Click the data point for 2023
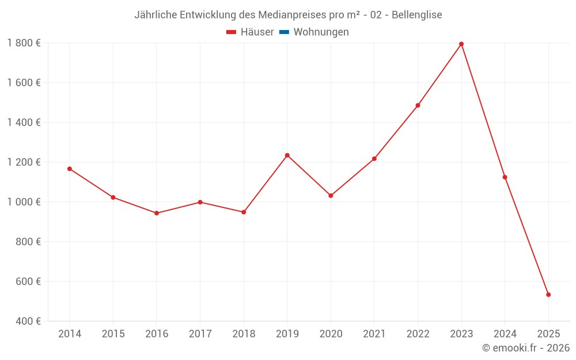pos(461,44)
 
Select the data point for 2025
pos(548,295)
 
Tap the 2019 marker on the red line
pos(287,156)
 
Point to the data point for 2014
pos(70,169)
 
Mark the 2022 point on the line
pos(418,105)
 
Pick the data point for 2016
pos(157,213)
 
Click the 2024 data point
pos(505,177)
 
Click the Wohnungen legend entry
pos(321,32)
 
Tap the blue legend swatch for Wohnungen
pos(284,32)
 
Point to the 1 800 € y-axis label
pos(24,43)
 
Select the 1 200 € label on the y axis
pos(24,162)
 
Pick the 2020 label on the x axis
pos(331,334)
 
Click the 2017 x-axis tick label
pos(200,334)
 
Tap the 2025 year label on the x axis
pos(548,334)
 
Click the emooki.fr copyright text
pos(526,348)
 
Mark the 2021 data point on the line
pos(374,159)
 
